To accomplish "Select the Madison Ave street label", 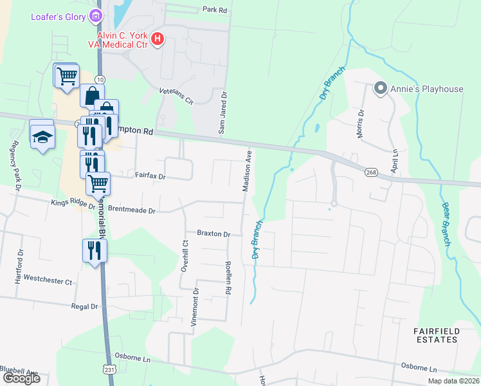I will click(246, 171).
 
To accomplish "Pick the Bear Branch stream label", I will click(445, 224).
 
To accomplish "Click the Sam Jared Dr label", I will click(223, 112).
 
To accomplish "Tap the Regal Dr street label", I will click(84, 307).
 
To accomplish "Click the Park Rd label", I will click(215, 10).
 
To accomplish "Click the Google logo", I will click(21, 378).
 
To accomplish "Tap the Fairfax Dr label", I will click(150, 175).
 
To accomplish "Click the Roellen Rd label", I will click(228, 278).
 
